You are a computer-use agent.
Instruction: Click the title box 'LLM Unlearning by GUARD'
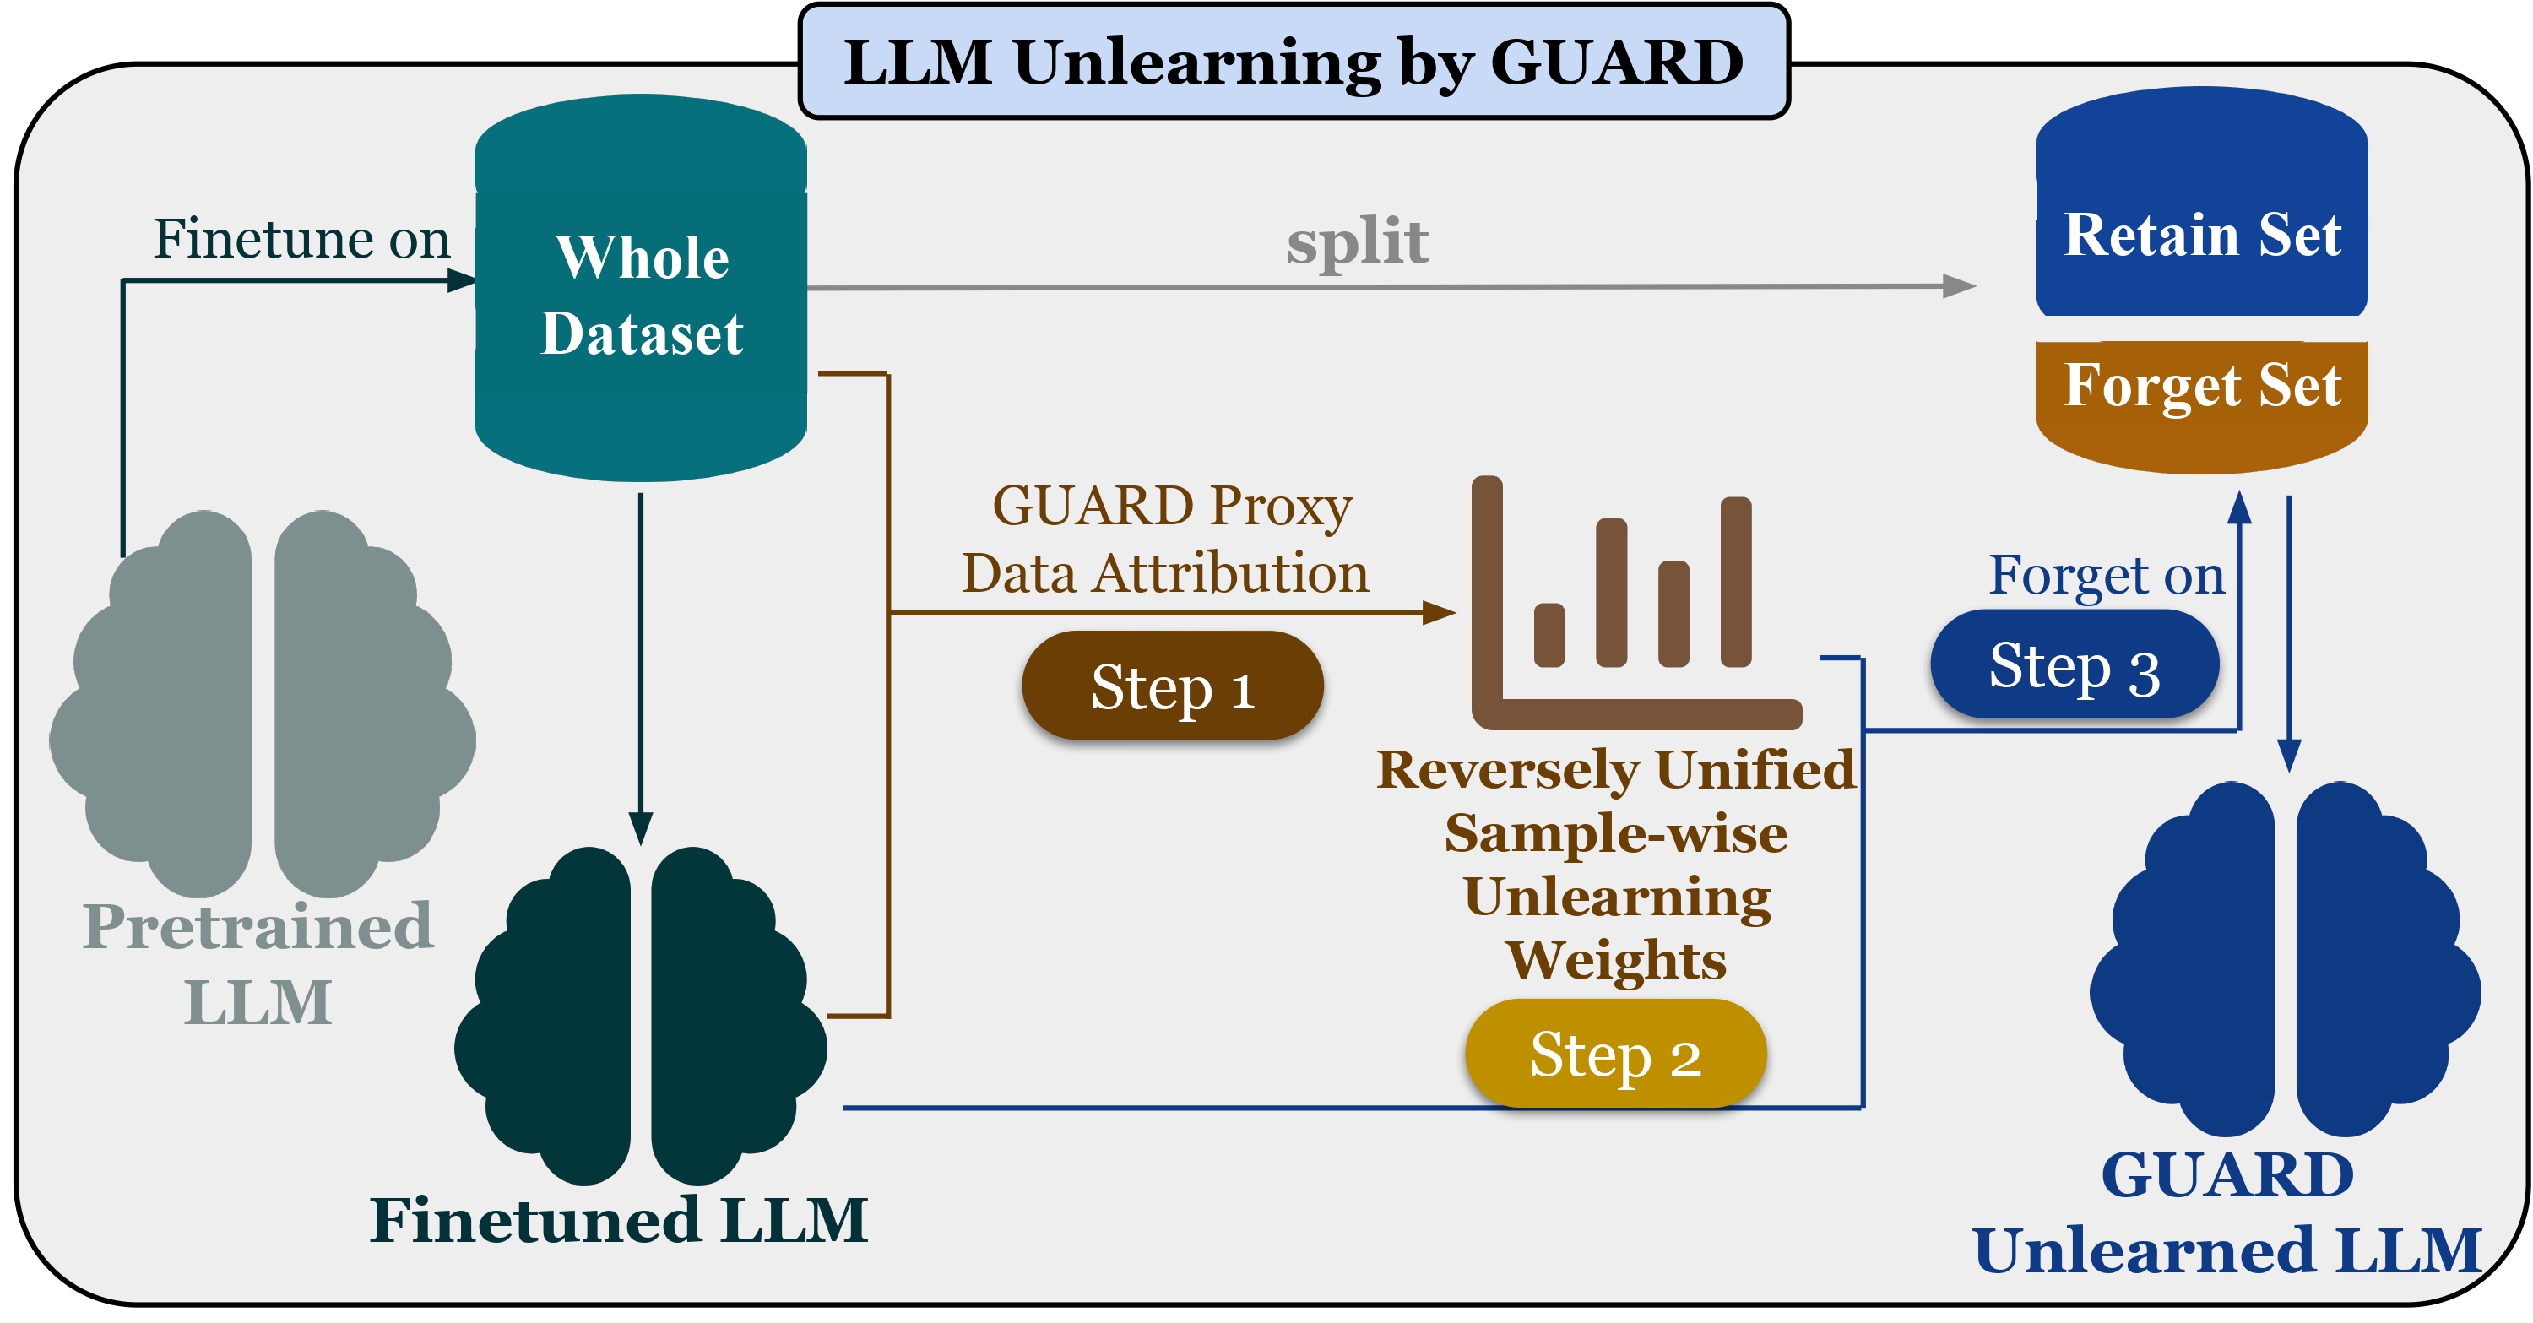click(1293, 62)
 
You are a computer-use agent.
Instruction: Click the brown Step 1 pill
click(1172, 686)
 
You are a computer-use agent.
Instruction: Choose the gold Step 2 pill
click(1615, 1054)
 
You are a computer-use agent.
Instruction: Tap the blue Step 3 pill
click(2074, 665)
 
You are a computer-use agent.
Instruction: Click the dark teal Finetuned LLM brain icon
click(640, 1017)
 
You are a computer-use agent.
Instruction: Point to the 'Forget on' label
click(2107, 575)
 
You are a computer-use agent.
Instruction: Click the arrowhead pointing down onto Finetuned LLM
click(640, 828)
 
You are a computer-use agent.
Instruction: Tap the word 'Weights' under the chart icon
click(1615, 960)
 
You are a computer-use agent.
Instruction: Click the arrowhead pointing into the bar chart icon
click(1440, 613)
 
